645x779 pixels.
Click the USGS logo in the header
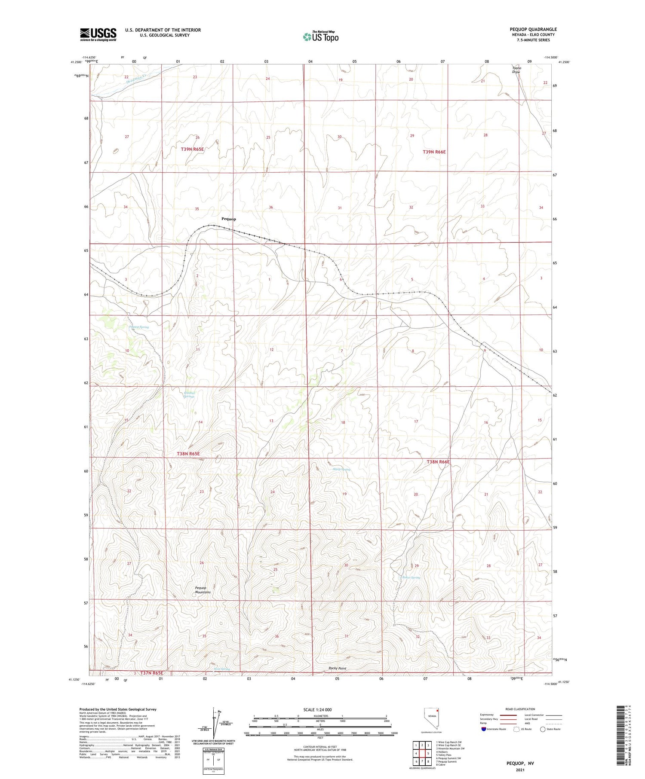[x=98, y=34]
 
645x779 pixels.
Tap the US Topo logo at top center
[x=320, y=37]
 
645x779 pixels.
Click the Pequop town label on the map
[x=228, y=219]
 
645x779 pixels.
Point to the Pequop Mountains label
[x=203, y=590]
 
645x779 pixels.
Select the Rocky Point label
[x=337, y=668]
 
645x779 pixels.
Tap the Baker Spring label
[x=411, y=577]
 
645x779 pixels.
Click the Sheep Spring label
[x=342, y=469]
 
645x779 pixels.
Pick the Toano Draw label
[x=516, y=70]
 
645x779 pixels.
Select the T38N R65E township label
[x=188, y=454]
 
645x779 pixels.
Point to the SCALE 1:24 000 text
[x=318, y=709]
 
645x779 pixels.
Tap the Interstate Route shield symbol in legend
[x=484, y=729]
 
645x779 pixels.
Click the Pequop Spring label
[x=139, y=327]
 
